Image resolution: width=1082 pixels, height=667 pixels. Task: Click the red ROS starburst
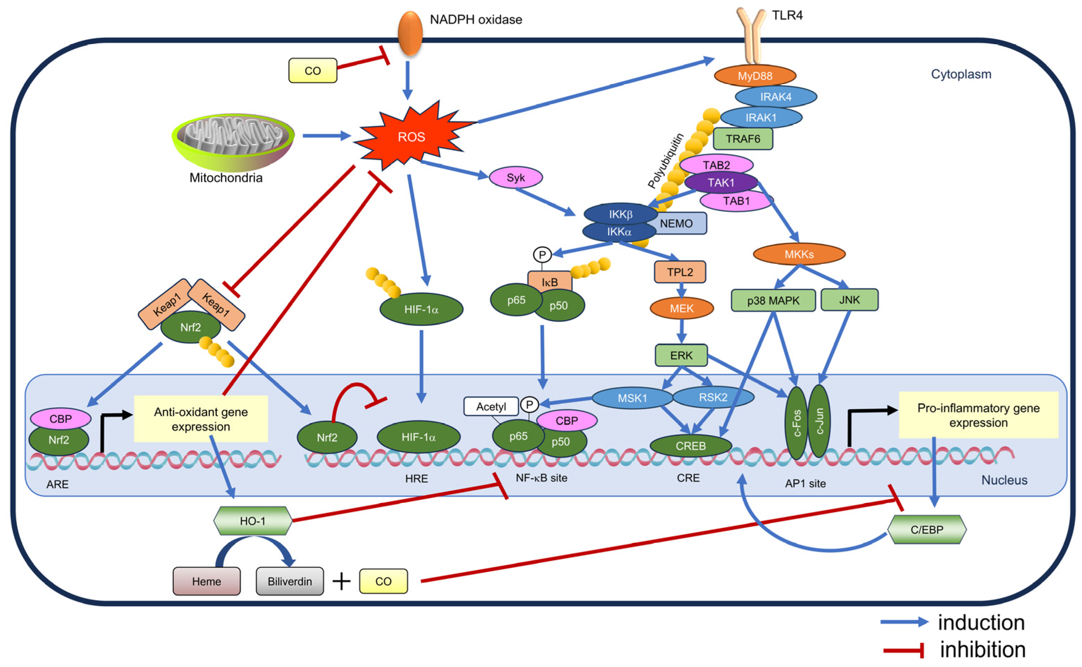(411, 137)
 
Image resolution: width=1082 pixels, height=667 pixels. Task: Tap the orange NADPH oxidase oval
(410, 33)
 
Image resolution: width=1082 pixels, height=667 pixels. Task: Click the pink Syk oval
(515, 178)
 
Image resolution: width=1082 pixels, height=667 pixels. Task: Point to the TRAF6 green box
(743, 139)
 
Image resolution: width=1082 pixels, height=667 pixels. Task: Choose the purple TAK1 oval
(721, 183)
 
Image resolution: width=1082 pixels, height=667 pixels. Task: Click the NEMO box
(676, 224)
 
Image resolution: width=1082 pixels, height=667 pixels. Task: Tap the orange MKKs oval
(799, 254)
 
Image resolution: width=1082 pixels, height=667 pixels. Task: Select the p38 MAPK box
(773, 301)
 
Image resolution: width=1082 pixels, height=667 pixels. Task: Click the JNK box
(849, 300)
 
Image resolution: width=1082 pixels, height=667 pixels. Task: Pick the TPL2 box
(680, 272)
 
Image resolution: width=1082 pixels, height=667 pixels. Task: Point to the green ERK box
(681, 355)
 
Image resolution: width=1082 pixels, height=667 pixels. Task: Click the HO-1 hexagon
(253, 521)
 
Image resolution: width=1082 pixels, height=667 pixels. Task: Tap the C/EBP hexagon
(927, 529)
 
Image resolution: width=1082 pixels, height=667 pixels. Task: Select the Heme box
(206, 581)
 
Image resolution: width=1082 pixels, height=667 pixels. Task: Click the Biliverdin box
(290, 581)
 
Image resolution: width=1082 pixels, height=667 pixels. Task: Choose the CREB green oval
(690, 446)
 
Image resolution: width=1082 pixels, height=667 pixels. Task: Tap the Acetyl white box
(491, 406)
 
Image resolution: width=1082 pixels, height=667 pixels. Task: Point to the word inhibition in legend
(982, 650)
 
